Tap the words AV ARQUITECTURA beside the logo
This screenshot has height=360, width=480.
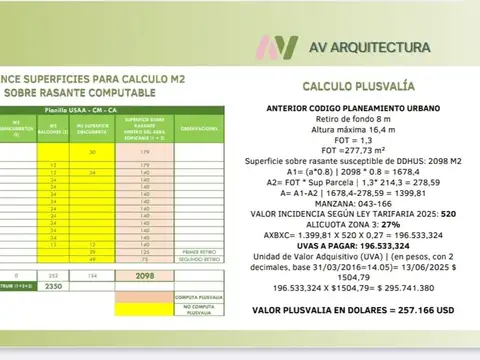(369, 47)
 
